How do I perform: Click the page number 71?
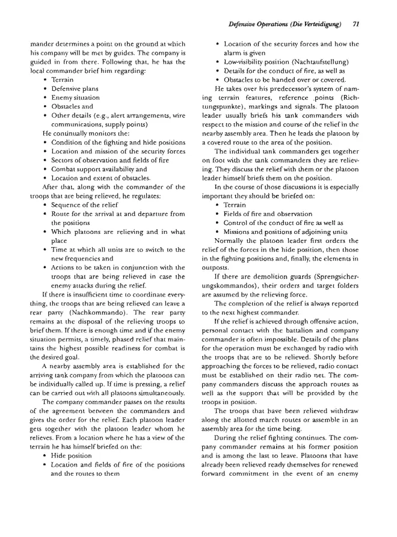[x=356, y=25]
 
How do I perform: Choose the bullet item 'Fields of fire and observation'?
[x=265, y=213]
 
